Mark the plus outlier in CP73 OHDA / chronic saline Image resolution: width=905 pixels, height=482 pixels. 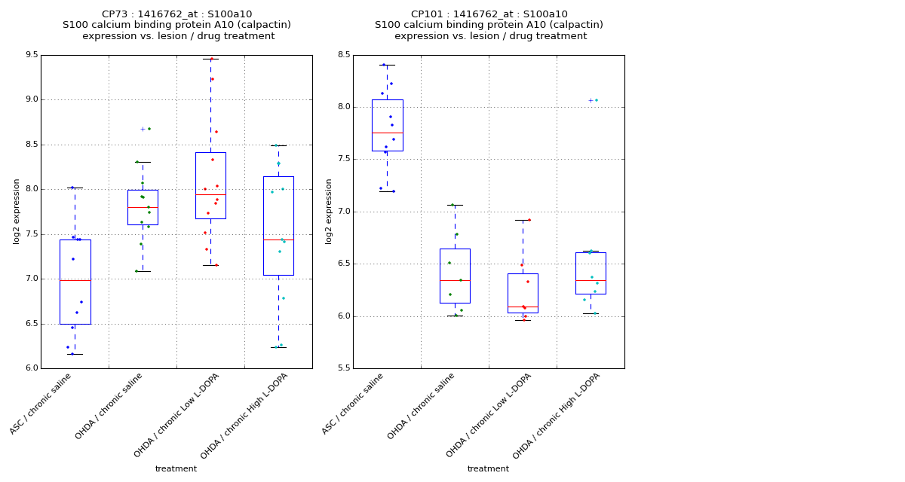[142, 129]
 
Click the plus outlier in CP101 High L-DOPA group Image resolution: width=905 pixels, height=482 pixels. [590, 100]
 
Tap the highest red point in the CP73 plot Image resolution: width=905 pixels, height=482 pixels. [212, 59]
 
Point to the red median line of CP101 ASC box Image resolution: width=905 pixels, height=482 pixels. [387, 133]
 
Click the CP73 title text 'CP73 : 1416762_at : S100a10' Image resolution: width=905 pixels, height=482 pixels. [176, 14]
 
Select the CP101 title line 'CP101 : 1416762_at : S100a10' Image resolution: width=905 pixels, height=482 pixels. [489, 14]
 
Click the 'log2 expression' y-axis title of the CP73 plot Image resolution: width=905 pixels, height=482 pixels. [17, 211]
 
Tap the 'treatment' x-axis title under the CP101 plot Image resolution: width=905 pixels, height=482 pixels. [488, 468]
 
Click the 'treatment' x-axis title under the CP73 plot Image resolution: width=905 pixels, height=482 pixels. [176, 468]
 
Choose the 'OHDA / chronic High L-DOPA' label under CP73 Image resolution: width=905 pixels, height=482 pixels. [244, 416]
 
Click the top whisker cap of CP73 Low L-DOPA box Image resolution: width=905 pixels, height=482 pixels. [210, 59]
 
